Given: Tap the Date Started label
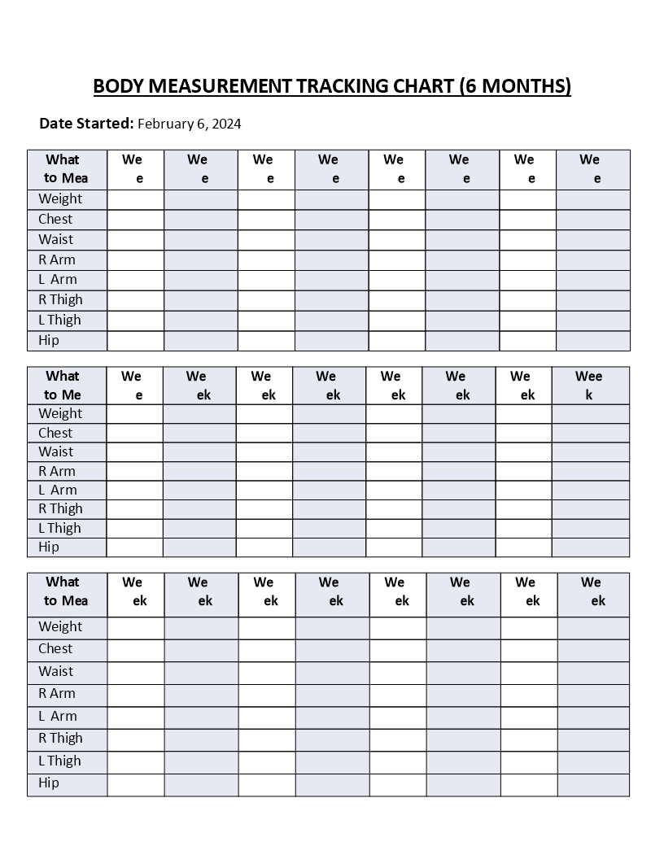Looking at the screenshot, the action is pos(86,124).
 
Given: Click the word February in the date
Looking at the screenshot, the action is pos(165,124).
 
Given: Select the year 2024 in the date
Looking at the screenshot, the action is pos(225,124).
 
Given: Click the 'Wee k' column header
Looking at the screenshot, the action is pos(589,385).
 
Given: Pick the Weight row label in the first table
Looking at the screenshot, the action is pos(60,198).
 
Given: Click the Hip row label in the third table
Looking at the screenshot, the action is pos(49,783).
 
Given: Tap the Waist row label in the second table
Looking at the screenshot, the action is pos(55,451).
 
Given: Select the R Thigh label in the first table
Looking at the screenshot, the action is pos(60,299).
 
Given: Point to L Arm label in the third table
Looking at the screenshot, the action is pos(58,716).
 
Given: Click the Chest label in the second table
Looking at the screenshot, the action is pos(55,433).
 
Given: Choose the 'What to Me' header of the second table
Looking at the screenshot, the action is pos(63,385).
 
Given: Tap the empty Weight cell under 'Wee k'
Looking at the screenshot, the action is pos(590,413).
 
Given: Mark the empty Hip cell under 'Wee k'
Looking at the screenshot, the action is pos(590,547).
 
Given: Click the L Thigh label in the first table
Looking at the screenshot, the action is pos(59,320).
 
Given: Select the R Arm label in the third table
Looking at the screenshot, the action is pos(57,693).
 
